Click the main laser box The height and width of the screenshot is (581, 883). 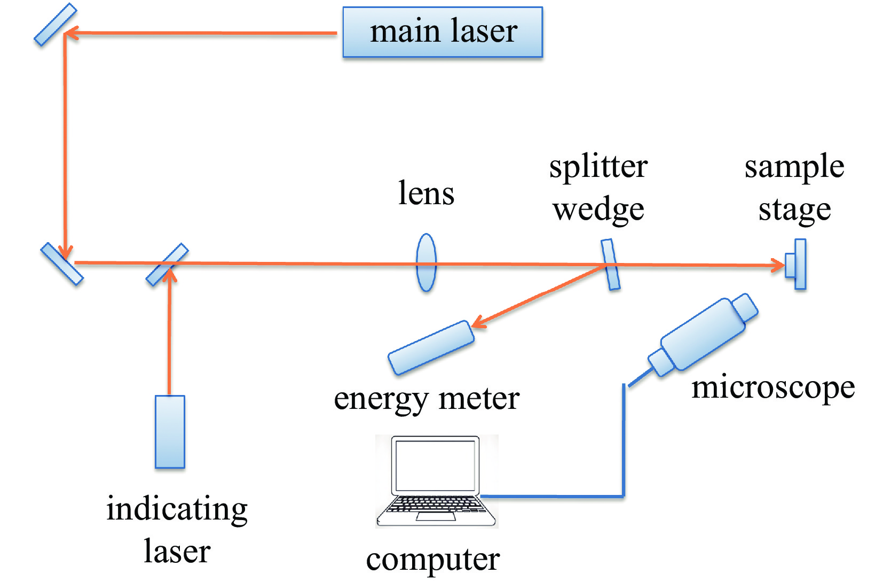[x=443, y=32]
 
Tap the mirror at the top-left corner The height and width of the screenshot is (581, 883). [x=55, y=25]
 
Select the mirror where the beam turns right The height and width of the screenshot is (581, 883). [x=62, y=264]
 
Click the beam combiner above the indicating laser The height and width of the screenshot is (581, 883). [x=167, y=265]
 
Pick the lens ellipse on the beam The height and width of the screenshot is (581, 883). [x=426, y=262]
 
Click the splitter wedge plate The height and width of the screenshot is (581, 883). [x=610, y=265]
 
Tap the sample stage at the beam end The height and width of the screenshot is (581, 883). [x=797, y=265]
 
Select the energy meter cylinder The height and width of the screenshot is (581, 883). [x=431, y=347]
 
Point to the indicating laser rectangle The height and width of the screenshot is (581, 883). [x=170, y=432]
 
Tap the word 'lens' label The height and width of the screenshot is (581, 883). [x=426, y=193]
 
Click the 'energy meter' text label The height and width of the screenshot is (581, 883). [x=427, y=399]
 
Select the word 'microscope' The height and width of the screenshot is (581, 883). [x=772, y=388]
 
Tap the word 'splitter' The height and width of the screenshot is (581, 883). [x=598, y=167]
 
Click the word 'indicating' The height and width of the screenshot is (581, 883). [x=177, y=509]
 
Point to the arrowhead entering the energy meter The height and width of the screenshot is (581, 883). [x=477, y=322]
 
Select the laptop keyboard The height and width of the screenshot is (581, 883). [x=435, y=504]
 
